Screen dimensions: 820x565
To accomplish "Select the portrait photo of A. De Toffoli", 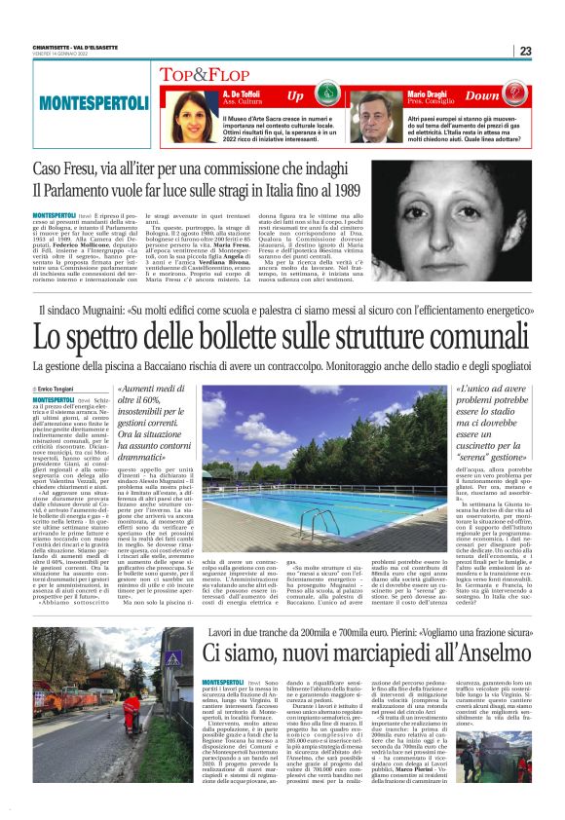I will tap(182, 115).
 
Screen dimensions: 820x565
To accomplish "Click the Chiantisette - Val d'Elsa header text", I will tap(64, 45).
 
